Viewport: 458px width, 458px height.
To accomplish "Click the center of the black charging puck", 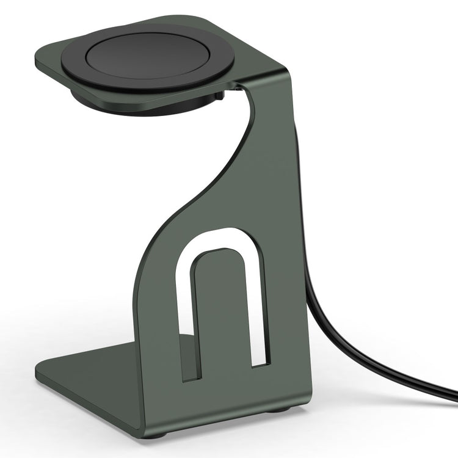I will click(148, 55).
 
